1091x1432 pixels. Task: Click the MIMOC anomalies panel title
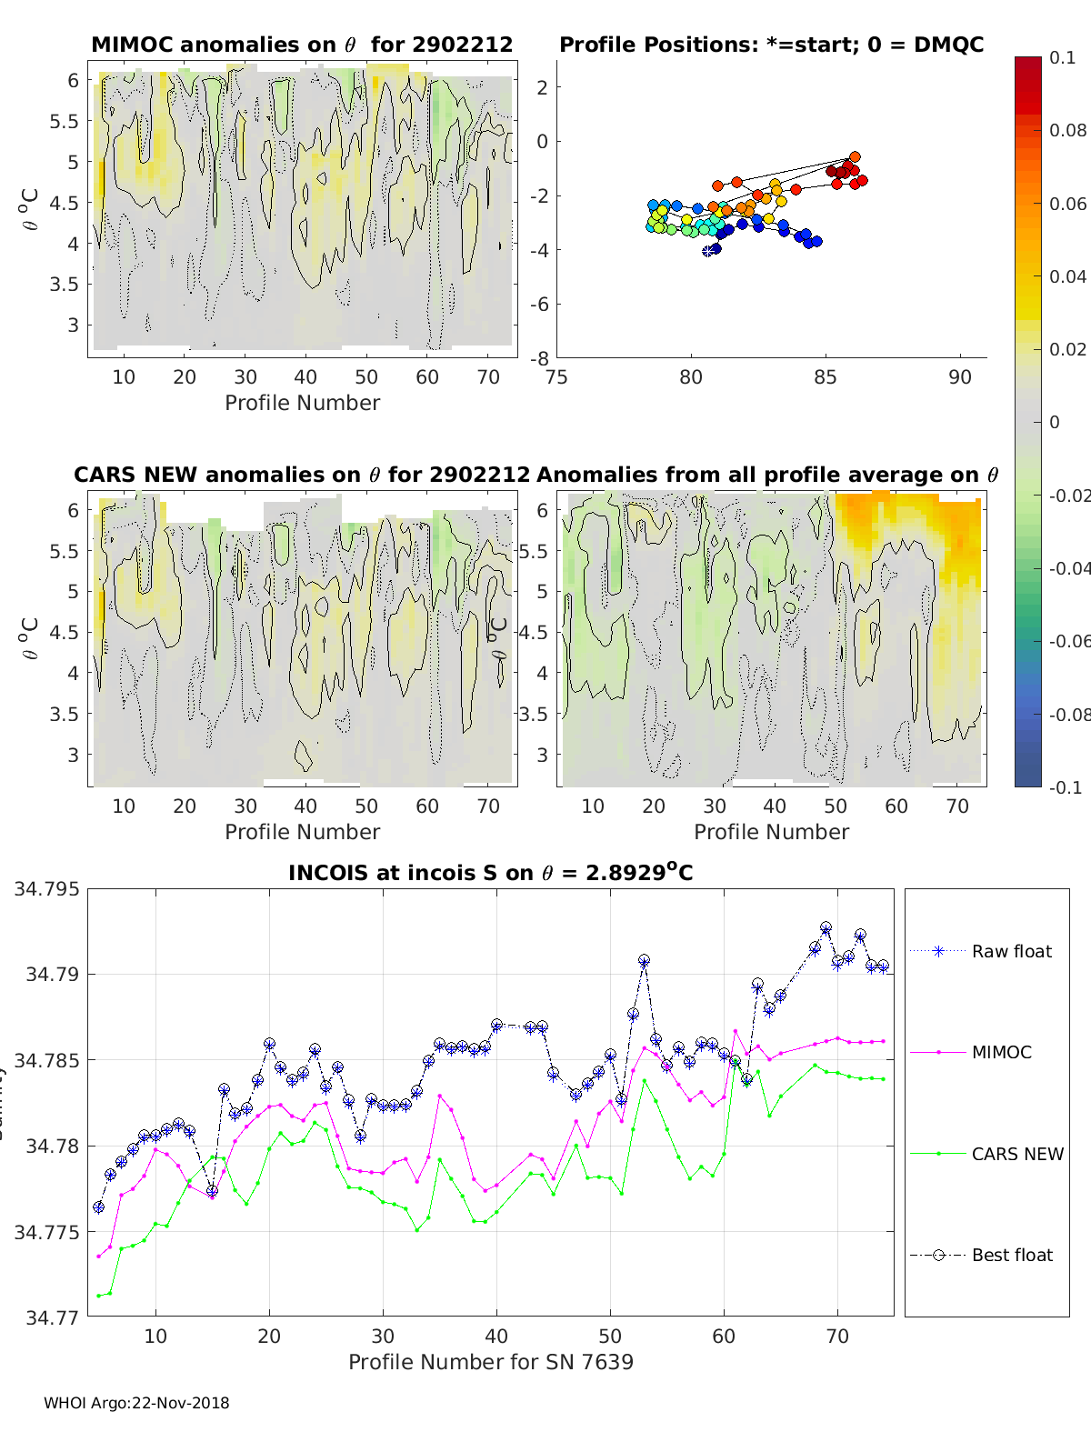click(x=302, y=45)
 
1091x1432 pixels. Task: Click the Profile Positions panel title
click(x=771, y=45)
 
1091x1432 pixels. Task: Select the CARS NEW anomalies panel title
click(x=301, y=475)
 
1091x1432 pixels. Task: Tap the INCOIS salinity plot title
click(x=490, y=873)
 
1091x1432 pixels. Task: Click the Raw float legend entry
click(x=1011, y=951)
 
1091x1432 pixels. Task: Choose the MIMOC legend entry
click(x=1001, y=1052)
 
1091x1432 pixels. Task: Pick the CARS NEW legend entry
click(x=1016, y=1154)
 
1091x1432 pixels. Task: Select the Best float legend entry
click(x=1011, y=1255)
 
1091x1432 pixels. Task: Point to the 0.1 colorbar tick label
click(x=1062, y=57)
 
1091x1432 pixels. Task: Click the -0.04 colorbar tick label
click(x=1068, y=568)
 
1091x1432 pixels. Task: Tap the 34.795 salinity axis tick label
click(x=46, y=888)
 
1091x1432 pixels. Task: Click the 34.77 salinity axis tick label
click(x=52, y=1317)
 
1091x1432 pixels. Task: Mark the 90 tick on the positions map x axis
click(x=960, y=377)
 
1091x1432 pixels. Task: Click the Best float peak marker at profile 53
click(x=644, y=961)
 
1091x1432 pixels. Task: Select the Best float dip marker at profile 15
click(x=212, y=1191)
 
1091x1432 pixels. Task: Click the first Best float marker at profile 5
click(x=99, y=1207)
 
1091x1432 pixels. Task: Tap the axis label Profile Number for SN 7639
click(x=490, y=1362)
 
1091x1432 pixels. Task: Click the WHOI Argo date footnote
click(x=136, y=1403)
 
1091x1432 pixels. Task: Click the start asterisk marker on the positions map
click(x=708, y=251)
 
